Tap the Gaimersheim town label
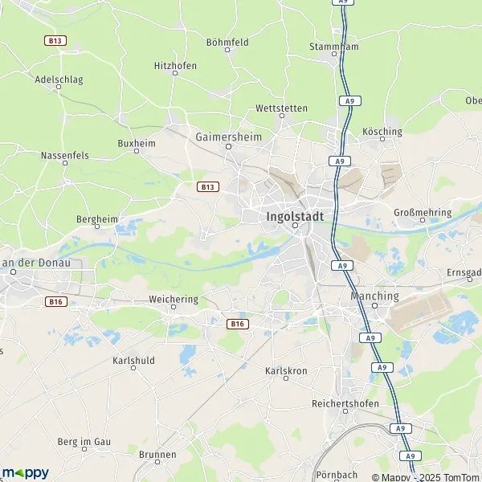(x=228, y=137)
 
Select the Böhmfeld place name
(x=227, y=42)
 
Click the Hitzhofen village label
(x=175, y=66)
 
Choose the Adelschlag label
(x=59, y=80)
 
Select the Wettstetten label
(x=281, y=108)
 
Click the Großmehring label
(x=422, y=213)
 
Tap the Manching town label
(x=375, y=296)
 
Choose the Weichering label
(x=173, y=300)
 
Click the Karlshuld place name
(x=133, y=361)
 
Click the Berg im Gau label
(x=84, y=442)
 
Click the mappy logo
(x=26, y=472)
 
